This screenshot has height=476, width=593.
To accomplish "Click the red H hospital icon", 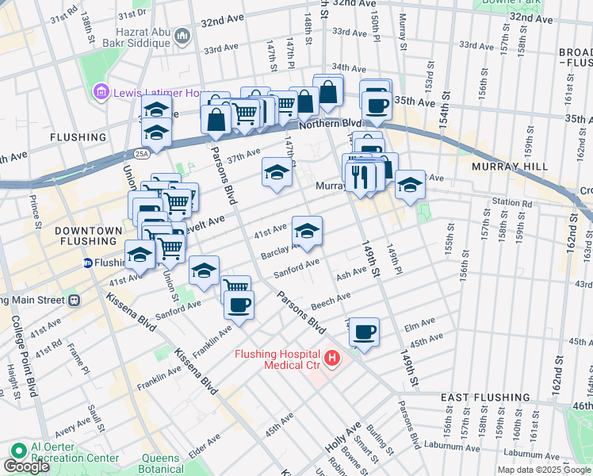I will (x=332, y=359).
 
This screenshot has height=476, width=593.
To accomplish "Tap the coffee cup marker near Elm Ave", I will (x=364, y=332).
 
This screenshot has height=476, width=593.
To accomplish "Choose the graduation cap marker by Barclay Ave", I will (x=307, y=231).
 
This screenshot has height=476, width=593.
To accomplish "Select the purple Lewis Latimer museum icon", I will (x=101, y=93).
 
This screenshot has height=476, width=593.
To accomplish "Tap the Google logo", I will (x=26, y=466).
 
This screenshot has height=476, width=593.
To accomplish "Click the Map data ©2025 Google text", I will (x=543, y=470).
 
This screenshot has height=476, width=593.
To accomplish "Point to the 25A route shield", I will (x=141, y=153).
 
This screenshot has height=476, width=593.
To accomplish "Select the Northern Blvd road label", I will (x=329, y=124).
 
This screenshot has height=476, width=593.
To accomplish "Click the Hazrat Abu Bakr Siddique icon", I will (x=182, y=36).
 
